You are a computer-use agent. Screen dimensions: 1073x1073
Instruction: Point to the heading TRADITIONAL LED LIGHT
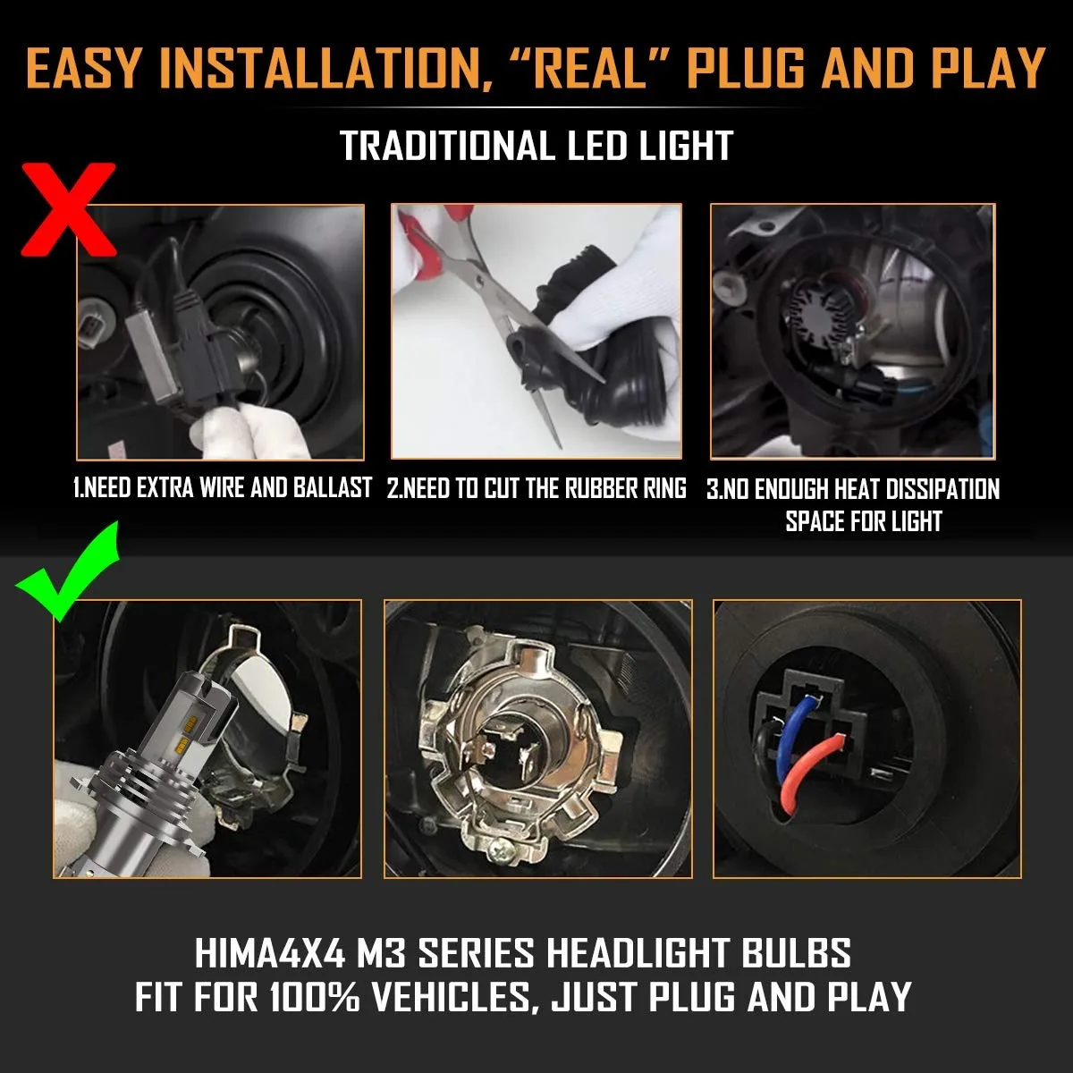(536, 146)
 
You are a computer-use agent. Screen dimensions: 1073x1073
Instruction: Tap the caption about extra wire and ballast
(222, 488)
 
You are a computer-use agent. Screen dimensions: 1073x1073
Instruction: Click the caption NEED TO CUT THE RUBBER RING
(536, 488)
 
